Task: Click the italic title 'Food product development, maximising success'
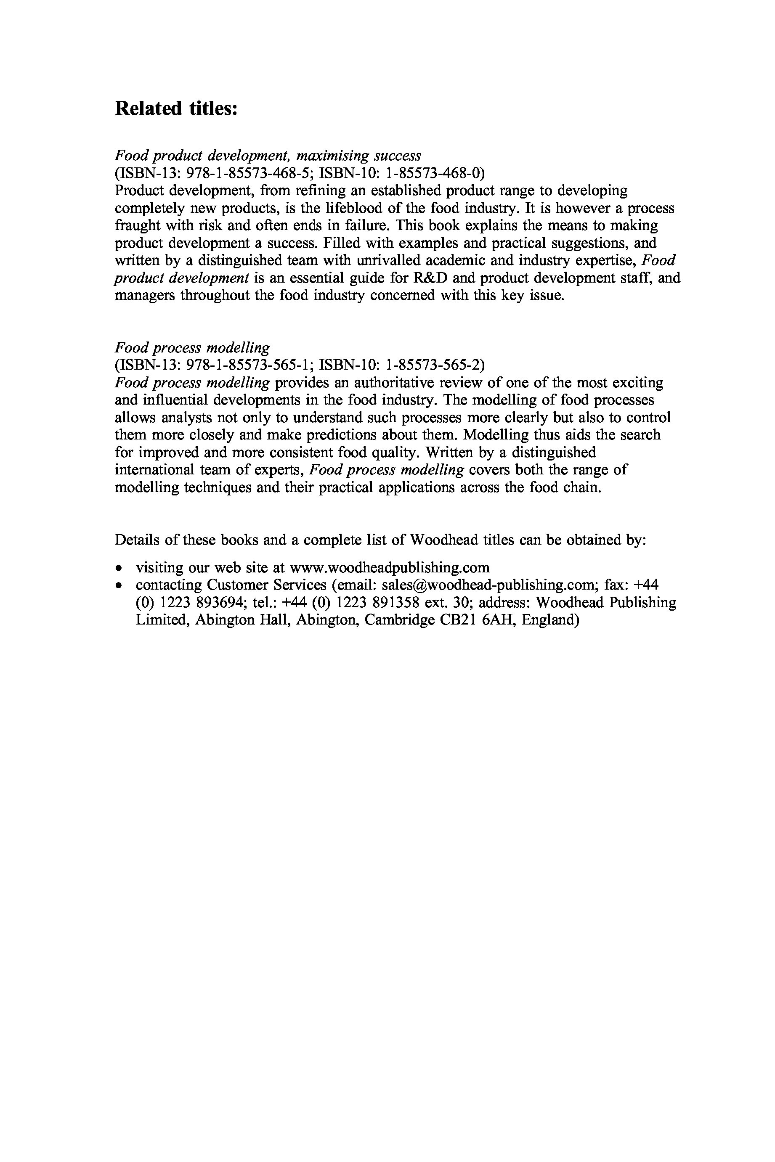pyautogui.click(x=268, y=156)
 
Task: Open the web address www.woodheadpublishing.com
pyautogui.click(x=390, y=567)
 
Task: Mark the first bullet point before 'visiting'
pyautogui.click(x=119, y=568)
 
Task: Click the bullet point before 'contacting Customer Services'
pyautogui.click(x=119, y=585)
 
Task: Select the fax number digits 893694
pyautogui.click(x=212, y=603)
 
